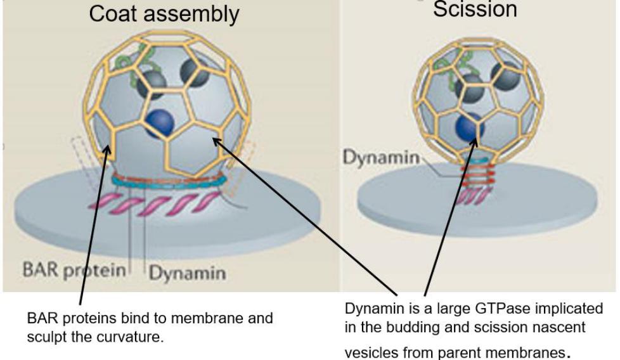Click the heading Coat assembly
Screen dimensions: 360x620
click(164, 15)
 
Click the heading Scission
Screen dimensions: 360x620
click(475, 9)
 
